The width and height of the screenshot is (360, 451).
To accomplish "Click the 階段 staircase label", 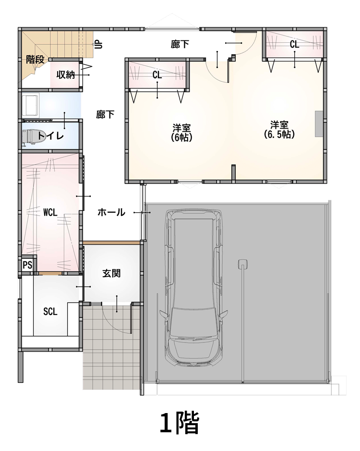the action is (x=36, y=60).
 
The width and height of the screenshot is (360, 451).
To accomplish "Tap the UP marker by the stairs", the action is (x=98, y=45).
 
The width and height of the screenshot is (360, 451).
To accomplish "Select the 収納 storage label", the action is (x=66, y=75).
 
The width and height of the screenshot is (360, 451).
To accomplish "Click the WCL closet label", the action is (x=50, y=213).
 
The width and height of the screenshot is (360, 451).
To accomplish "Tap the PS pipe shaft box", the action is (x=28, y=265).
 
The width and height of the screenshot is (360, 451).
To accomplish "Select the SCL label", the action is (x=50, y=312).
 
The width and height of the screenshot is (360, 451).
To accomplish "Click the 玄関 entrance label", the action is (x=111, y=273).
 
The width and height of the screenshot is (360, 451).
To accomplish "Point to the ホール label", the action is (x=111, y=213).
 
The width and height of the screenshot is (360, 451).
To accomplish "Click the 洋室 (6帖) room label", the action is (x=182, y=132).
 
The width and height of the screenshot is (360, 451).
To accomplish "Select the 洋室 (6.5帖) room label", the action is (x=279, y=130).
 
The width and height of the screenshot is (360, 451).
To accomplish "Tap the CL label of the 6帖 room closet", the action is (x=157, y=75).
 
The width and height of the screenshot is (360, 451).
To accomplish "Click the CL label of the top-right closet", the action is (x=294, y=44).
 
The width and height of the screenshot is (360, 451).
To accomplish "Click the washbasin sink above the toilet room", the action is (x=31, y=106).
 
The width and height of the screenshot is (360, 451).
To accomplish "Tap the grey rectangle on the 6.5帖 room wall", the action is (x=319, y=124).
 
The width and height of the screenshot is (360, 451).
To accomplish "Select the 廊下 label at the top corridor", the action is (x=180, y=44).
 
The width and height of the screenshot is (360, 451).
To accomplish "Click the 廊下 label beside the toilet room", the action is (x=105, y=114).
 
